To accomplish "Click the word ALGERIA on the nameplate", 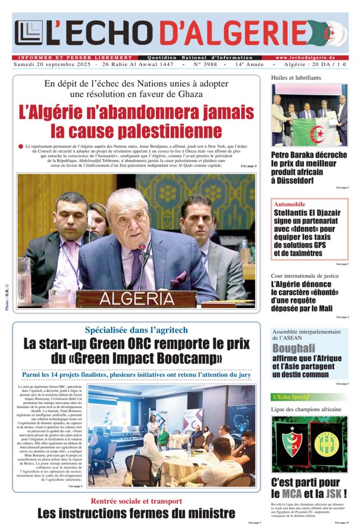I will (x=137, y=299).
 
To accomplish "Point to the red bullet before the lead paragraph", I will (x=21, y=147).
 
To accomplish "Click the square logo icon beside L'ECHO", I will (x=28, y=33).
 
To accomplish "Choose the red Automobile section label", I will (x=290, y=204).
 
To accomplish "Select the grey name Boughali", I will (x=294, y=348).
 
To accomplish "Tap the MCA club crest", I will (x=291, y=443).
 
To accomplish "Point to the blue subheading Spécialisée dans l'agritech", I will (x=137, y=330).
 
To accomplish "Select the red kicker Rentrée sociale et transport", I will (x=136, y=500).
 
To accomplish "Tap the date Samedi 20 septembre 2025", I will (x=52, y=65).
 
